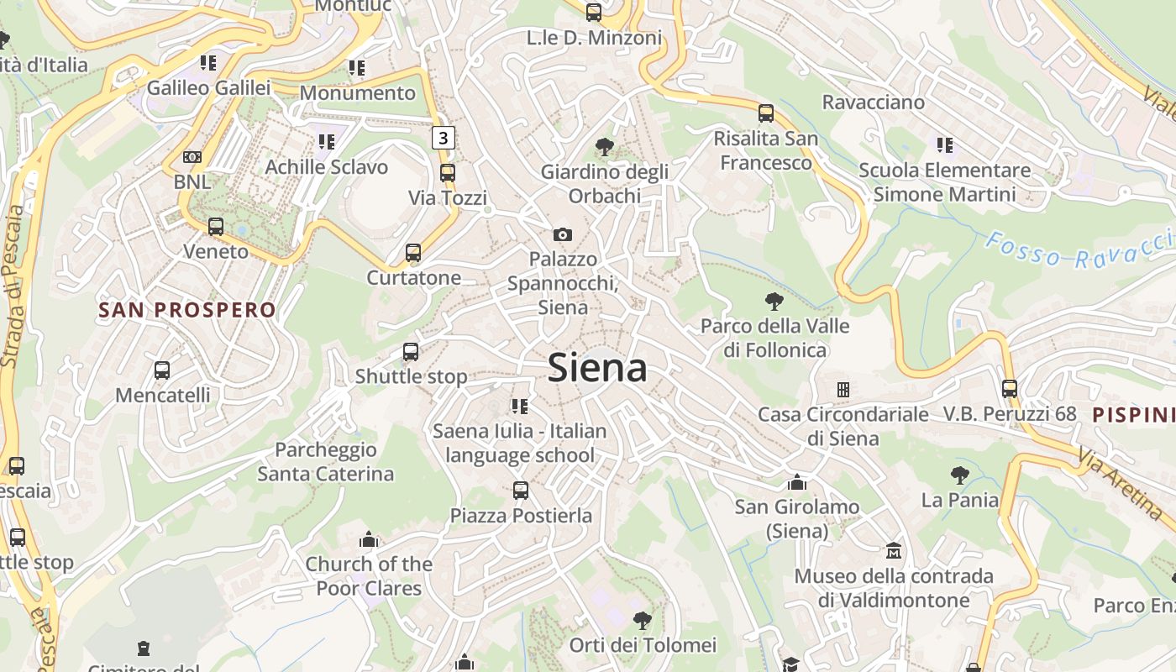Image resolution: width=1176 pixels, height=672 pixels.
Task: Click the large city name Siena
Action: (597, 368)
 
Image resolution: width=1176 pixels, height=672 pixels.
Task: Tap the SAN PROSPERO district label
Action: (187, 310)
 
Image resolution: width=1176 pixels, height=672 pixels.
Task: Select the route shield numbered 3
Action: (444, 137)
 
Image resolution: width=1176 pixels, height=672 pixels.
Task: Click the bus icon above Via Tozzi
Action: (448, 173)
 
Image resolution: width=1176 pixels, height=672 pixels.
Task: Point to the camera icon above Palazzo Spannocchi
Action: (562, 234)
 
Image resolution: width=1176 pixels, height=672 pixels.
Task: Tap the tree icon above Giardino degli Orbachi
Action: (604, 147)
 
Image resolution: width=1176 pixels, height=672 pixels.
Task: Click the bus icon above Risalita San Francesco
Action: (765, 113)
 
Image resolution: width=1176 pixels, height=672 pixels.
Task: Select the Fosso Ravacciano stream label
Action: (1079, 250)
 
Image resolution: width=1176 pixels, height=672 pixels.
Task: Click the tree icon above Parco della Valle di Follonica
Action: (774, 301)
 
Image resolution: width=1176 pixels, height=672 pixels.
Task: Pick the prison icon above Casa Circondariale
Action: (843, 389)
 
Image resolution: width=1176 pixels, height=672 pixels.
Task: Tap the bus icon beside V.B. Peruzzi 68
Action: (1010, 389)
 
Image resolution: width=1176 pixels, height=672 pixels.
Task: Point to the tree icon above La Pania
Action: (960, 475)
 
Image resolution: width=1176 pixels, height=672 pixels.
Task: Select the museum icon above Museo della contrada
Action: (894, 551)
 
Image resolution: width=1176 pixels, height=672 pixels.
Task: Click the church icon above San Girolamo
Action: (797, 482)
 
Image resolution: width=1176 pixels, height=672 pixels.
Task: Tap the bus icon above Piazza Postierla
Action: (521, 491)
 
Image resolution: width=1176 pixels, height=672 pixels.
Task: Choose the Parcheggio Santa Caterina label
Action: (326, 462)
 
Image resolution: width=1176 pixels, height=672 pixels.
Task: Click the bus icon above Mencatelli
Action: (162, 370)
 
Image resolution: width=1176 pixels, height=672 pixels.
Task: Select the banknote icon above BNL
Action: (192, 157)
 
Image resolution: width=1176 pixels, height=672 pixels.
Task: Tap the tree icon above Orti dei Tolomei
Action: (643, 621)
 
